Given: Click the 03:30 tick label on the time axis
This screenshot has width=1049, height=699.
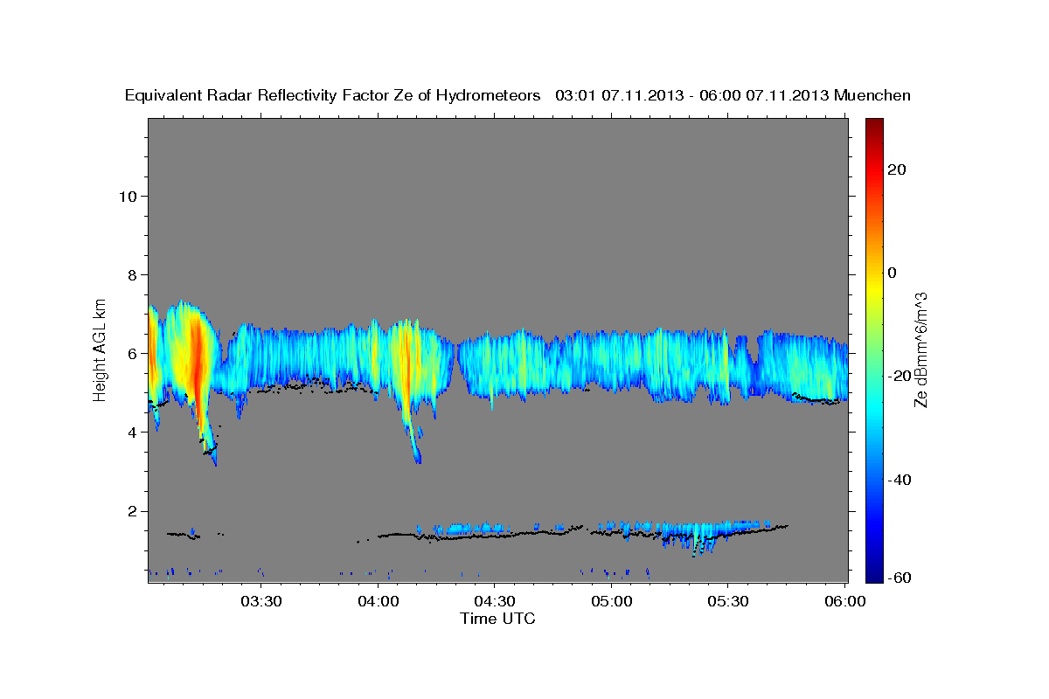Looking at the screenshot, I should point(261,602).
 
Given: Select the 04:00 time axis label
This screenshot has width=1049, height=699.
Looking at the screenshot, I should point(378,602).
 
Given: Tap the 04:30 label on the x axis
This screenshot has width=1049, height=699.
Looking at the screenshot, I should point(494,602).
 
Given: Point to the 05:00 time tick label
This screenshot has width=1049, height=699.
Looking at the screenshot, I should point(611,602).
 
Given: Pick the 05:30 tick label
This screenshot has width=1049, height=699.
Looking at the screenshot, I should point(727,602).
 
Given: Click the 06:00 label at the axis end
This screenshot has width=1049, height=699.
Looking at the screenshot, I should point(844,602).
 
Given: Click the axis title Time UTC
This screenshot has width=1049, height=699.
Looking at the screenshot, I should point(497,619).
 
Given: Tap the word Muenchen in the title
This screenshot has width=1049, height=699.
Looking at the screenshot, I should point(872,95).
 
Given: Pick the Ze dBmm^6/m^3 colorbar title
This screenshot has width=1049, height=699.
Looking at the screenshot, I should point(921,349).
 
